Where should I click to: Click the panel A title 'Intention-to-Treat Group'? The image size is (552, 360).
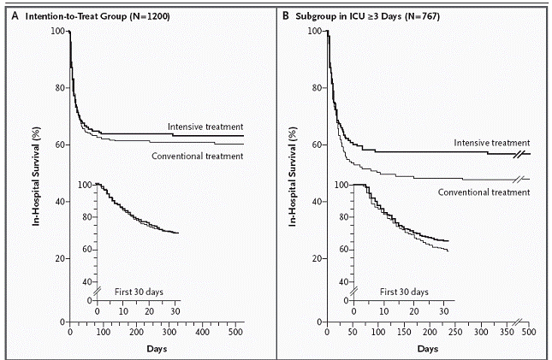click(76, 16)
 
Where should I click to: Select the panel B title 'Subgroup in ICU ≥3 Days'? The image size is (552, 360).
click(348, 16)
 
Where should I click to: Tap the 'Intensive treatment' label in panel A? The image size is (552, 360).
click(205, 127)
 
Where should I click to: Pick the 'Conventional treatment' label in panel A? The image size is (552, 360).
click(197, 156)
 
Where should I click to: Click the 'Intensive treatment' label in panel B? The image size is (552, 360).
click(492, 143)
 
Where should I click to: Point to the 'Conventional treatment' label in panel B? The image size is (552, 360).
click(484, 192)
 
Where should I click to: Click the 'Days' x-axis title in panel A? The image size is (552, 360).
click(157, 349)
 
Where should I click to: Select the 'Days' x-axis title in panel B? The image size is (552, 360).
click(428, 349)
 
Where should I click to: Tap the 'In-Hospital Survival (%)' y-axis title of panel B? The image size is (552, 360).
click(293, 176)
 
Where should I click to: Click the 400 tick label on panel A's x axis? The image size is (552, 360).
click(202, 332)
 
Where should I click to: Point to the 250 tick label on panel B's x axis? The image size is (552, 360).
click(455, 332)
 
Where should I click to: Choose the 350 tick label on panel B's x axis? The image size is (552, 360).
click(507, 332)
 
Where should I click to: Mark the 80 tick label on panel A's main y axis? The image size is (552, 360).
click(60, 87)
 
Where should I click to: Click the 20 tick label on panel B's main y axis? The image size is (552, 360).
click(318, 258)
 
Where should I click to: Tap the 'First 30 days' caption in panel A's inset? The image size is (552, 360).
click(139, 292)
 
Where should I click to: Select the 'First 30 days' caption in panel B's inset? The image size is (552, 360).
click(404, 292)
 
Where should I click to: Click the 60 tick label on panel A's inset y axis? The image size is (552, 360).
click(87, 249)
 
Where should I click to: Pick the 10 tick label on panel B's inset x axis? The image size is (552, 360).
click(384, 311)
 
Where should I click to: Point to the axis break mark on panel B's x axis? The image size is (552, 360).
click(519, 322)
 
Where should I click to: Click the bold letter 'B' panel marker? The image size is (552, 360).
click(286, 16)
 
